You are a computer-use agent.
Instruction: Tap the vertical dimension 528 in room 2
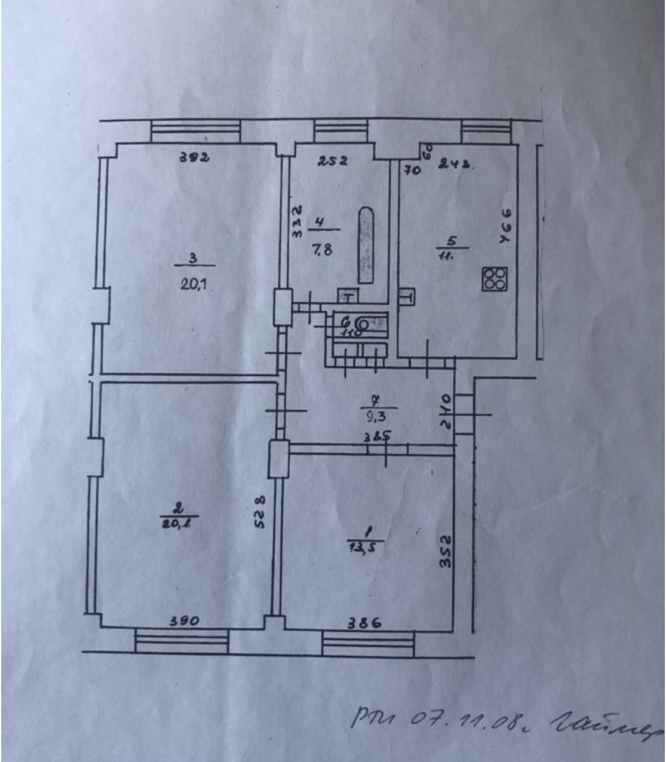pyautogui.click(x=260, y=512)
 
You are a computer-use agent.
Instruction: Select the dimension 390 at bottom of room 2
pyautogui.click(x=184, y=622)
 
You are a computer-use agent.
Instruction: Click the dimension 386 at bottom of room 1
pyautogui.click(x=365, y=624)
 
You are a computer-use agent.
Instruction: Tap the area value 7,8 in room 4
pyautogui.click(x=322, y=248)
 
